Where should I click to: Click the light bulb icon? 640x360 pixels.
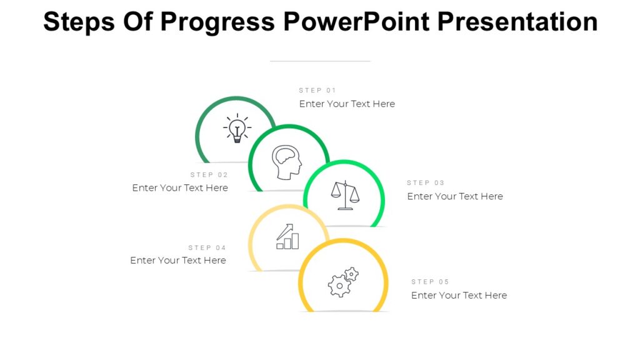click(237, 129)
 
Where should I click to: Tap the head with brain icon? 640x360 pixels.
click(287, 162)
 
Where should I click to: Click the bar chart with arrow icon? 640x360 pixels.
click(287, 237)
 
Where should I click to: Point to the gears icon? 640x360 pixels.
click(343, 282)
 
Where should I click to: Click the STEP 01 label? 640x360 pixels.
click(317, 91)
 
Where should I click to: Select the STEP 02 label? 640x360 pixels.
click(209, 175)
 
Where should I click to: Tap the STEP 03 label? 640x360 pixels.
click(426, 183)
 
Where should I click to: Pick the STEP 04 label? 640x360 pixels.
click(207, 248)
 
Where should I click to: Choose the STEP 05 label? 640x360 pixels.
click(430, 282)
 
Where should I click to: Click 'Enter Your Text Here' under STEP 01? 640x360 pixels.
click(347, 104)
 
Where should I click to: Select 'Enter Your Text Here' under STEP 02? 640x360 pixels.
click(180, 187)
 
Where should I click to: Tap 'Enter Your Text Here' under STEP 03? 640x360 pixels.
click(455, 196)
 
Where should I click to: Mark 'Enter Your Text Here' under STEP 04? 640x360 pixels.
click(178, 260)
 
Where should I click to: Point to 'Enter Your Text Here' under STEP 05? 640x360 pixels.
click(459, 295)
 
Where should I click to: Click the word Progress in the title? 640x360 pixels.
click(217, 22)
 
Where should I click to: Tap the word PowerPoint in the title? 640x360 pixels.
click(356, 22)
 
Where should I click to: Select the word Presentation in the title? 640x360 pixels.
click(517, 22)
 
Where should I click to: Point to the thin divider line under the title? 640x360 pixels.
click(320, 61)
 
